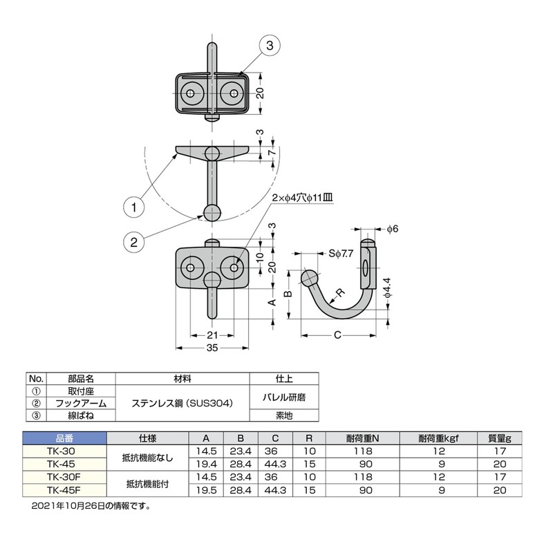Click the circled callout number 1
[133, 206]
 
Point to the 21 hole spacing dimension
[212, 335]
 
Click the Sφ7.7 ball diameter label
[341, 254]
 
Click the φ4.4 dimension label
[388, 288]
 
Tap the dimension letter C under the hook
[337, 335]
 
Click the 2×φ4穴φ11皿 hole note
[302, 198]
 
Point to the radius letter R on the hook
[341, 293]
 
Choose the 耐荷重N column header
[367, 438]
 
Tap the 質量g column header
[499, 438]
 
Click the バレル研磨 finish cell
[283, 397]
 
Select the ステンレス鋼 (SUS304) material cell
[182, 403]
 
